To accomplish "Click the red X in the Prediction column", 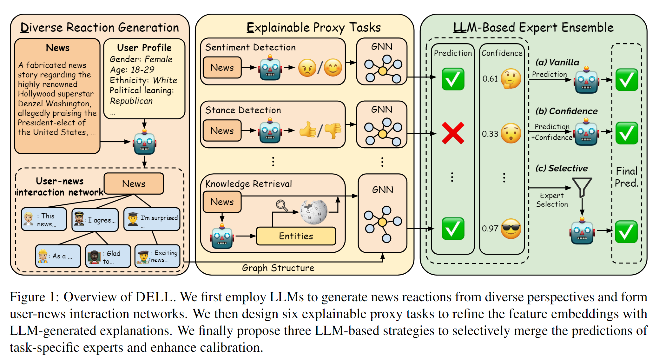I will point(453,133).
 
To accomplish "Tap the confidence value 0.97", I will point(490,229).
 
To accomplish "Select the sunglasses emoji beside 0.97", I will point(511,229).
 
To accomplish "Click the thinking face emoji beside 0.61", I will point(511,78).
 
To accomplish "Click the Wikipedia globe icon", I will point(313,212).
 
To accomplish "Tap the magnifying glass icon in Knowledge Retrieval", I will point(281,205).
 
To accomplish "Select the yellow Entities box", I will point(296,236).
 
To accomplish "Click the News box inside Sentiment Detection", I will point(222,68).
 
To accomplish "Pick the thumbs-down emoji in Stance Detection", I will point(333,130).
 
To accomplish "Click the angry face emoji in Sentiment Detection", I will point(307,68).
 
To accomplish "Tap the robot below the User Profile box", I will point(145,143).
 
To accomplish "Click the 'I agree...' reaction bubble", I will point(95,220).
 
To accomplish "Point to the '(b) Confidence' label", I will point(566,111).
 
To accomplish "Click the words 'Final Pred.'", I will point(626,177).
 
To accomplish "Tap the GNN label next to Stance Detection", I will point(382,110).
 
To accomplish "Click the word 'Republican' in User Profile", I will point(131,101).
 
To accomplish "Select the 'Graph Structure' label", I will point(278,268).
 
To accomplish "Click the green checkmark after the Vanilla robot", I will point(627,80).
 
